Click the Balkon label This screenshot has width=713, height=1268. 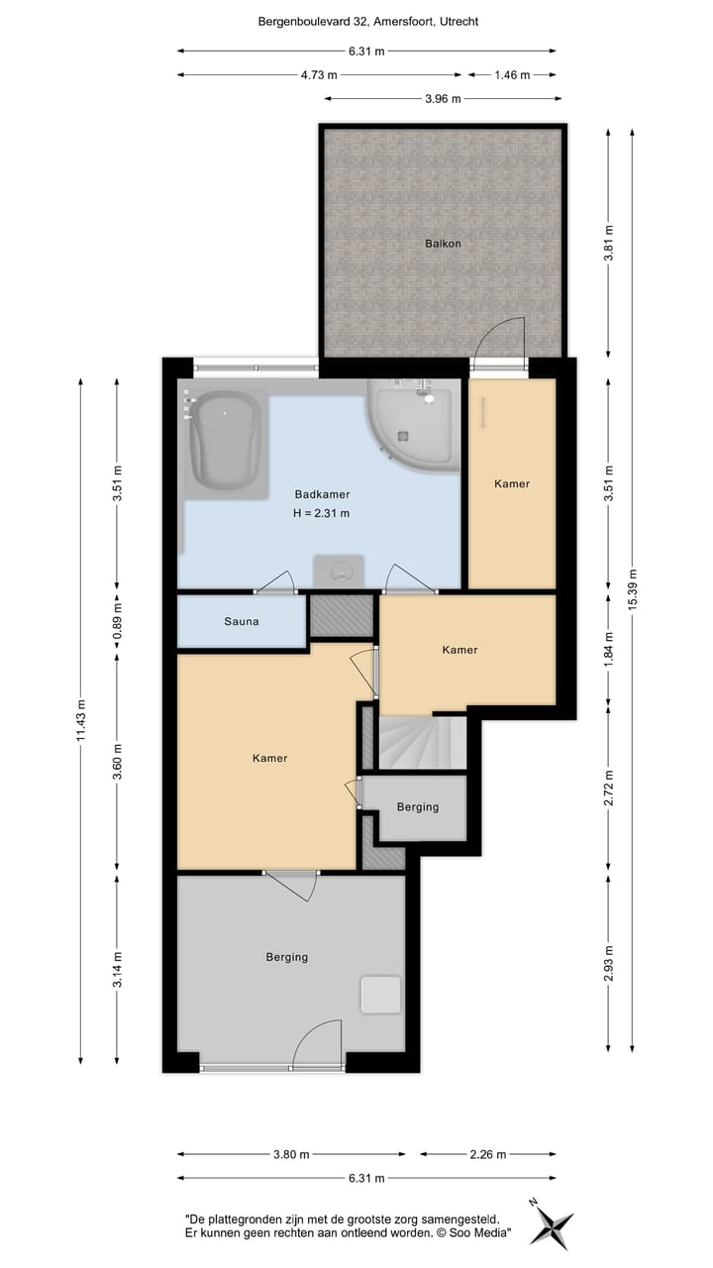coord(443,243)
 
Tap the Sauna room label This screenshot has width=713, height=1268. coord(241,621)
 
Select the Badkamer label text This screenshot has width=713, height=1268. coord(322,494)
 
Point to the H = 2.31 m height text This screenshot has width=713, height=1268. coord(322,513)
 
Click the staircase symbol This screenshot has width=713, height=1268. coord(421,742)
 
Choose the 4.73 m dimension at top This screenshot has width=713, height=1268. coord(319,74)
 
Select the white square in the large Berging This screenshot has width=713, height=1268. coord(380,995)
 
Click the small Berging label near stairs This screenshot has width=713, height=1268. coord(417,806)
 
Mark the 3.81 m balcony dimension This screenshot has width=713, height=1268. coord(608,243)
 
